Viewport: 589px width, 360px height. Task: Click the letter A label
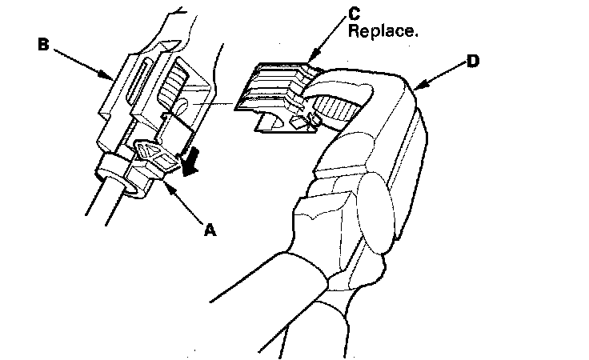click(x=210, y=230)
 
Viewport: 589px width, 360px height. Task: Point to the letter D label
click(x=473, y=61)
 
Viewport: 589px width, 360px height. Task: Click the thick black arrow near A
click(x=189, y=164)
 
